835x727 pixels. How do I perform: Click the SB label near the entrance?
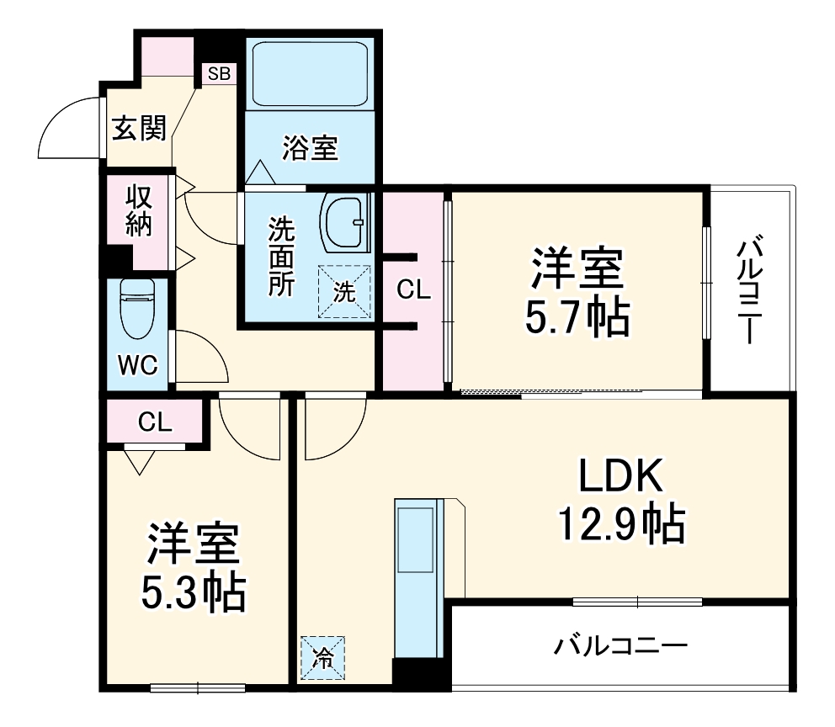tap(219, 73)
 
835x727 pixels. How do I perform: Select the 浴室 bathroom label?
tap(309, 149)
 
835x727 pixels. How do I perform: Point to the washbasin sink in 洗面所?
tap(345, 223)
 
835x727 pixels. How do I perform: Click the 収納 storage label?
tap(139, 210)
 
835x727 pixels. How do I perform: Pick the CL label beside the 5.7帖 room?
tap(413, 289)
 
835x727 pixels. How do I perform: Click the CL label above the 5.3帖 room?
tap(155, 422)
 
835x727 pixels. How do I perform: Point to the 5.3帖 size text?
tap(194, 592)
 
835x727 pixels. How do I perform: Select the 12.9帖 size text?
tap(620, 524)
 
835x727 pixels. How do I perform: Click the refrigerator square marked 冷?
tap(322, 656)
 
